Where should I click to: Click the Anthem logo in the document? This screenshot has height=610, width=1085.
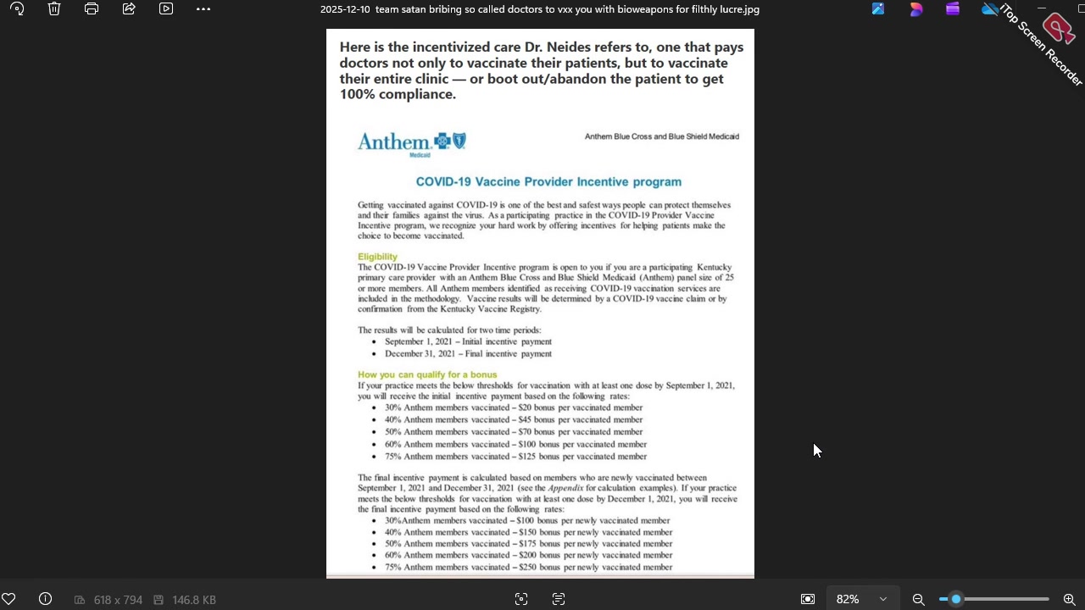click(x=412, y=142)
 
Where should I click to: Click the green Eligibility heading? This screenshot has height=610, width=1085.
click(x=377, y=257)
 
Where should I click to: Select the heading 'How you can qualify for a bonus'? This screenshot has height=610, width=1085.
click(x=427, y=374)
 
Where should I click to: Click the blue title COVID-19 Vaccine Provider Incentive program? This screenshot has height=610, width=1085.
click(x=548, y=181)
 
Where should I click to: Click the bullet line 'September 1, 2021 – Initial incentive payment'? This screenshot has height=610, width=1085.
click(x=468, y=341)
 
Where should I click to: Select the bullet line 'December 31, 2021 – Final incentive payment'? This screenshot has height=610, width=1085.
click(x=468, y=354)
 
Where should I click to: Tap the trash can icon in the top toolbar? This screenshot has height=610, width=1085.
click(x=54, y=9)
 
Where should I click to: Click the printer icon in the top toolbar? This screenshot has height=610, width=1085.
click(x=92, y=9)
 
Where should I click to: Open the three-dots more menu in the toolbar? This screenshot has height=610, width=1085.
click(x=203, y=9)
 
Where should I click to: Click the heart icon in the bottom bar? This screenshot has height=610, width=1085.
click(x=8, y=599)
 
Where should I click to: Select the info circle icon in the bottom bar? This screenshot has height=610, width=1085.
click(x=46, y=599)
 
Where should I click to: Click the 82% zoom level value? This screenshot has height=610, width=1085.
click(x=848, y=599)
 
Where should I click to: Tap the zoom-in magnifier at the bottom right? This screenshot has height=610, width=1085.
click(x=1069, y=599)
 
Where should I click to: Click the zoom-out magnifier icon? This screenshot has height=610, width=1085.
click(x=918, y=599)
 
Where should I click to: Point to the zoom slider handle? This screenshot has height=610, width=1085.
click(x=956, y=599)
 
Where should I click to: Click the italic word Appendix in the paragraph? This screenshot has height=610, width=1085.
click(x=565, y=489)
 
